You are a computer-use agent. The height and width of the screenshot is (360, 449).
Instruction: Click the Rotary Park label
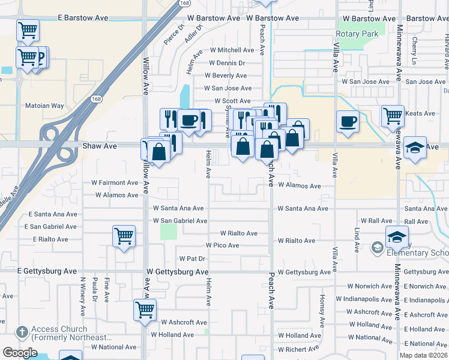click(x=357, y=34)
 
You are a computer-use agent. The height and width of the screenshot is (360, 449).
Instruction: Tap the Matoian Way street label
click(x=44, y=106)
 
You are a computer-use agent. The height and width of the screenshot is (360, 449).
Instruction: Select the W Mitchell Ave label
click(x=232, y=50)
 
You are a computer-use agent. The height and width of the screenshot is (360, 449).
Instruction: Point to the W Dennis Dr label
click(x=227, y=62)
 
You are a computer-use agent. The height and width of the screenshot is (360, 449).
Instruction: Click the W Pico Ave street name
click(x=222, y=245)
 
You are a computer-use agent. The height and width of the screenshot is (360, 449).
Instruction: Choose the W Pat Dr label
click(x=193, y=259)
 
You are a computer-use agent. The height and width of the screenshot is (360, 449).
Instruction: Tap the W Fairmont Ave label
click(x=115, y=182)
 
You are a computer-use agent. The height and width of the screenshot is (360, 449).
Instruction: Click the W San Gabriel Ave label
click(x=180, y=221)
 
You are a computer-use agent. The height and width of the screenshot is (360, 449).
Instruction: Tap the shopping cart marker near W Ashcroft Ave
click(x=145, y=310)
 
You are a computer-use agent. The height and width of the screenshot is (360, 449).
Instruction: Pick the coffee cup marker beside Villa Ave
click(x=348, y=122)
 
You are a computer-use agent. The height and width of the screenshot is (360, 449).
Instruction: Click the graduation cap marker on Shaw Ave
click(x=415, y=147)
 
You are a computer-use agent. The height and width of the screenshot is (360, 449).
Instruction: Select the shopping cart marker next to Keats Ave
click(x=393, y=115)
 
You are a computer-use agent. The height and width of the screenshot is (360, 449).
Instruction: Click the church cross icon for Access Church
click(x=21, y=332)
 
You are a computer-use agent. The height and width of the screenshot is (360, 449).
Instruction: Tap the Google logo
click(x=20, y=353)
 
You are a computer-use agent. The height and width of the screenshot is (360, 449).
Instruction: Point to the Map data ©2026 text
click(x=424, y=355)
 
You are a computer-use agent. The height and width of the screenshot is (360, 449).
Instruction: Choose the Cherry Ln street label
click(x=415, y=46)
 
